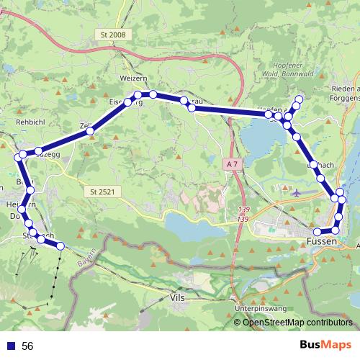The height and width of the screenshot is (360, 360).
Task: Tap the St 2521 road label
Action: click(104, 192)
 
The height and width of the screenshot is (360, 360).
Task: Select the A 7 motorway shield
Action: click(230, 165)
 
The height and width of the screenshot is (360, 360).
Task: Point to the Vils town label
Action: click(175, 296)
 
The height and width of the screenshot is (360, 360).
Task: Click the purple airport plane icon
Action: click(299, 192)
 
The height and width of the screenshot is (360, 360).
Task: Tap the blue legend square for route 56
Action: click(11, 346)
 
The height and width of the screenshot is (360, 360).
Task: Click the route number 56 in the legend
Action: click(27, 346)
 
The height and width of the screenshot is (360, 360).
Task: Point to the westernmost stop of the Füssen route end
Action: click(315, 231)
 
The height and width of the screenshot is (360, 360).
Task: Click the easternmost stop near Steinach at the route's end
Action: click(60, 246)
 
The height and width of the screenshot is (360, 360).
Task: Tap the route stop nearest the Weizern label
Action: click(137, 95)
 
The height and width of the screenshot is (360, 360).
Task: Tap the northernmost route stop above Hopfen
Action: click(300, 98)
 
